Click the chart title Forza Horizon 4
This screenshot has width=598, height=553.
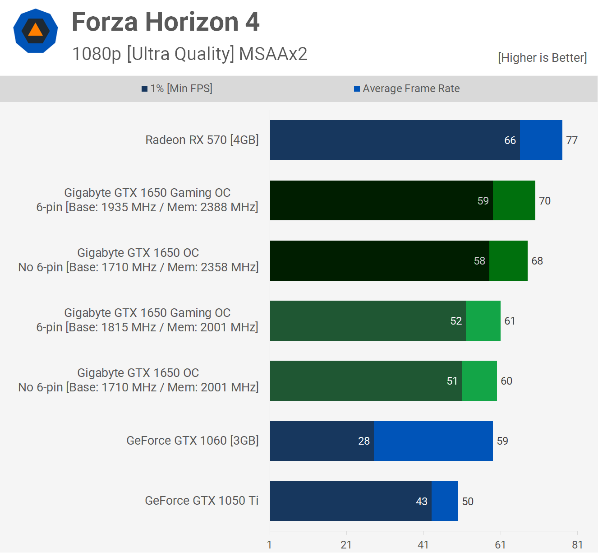tap(166, 22)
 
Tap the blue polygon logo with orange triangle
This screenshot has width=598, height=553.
tap(36, 31)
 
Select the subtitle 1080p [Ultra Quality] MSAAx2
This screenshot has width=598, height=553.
tap(189, 54)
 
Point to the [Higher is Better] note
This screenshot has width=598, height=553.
tap(542, 58)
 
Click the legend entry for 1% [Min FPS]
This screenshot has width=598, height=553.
tap(177, 88)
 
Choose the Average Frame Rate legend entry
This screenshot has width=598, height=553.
tap(407, 88)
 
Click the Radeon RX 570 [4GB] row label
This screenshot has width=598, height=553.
tap(202, 140)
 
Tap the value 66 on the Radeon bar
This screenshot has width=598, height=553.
tap(510, 140)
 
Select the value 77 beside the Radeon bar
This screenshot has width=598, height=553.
tap(571, 140)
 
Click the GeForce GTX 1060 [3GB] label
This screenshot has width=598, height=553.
tap(193, 441)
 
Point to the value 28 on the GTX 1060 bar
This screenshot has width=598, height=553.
tap(364, 441)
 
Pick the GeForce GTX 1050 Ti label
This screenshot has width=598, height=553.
tap(202, 501)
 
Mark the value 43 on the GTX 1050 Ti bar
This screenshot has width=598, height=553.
tap(422, 502)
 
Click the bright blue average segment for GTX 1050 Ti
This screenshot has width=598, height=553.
tap(445, 501)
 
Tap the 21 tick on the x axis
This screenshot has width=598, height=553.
tap(346, 545)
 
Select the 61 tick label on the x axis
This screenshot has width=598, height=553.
tap(500, 545)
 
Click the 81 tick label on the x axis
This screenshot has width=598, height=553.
tap(577, 545)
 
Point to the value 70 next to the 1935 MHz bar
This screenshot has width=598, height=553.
tap(545, 201)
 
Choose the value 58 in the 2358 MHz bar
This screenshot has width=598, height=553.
tap(479, 261)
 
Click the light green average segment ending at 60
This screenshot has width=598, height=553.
tap(479, 381)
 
